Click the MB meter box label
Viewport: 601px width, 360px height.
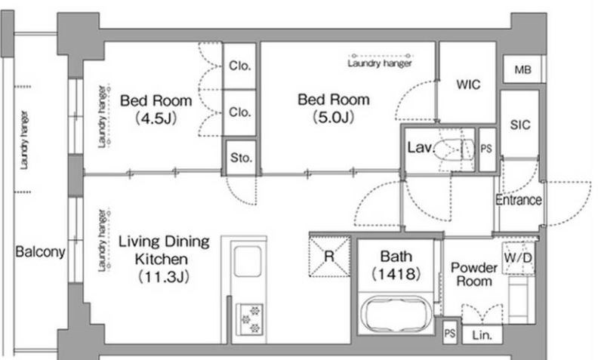(x=522, y=69)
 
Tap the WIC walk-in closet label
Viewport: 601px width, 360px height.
(x=468, y=85)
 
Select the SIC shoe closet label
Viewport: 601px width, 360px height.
(x=519, y=125)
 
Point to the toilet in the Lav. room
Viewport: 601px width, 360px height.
(x=455, y=149)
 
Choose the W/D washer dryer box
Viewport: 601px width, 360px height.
(x=518, y=258)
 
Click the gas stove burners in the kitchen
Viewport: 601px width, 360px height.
(x=250, y=318)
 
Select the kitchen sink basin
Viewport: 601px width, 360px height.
(x=248, y=262)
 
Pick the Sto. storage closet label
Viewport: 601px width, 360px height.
(x=241, y=158)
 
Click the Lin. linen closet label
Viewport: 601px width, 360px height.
(x=482, y=336)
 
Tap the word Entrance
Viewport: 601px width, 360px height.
(x=519, y=199)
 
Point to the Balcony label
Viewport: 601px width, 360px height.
(x=40, y=251)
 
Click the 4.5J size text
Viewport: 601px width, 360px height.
(x=156, y=118)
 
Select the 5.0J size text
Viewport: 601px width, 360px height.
(x=334, y=117)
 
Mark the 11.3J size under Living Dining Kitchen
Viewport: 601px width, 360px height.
(x=164, y=276)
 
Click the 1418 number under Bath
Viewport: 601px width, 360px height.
(x=396, y=274)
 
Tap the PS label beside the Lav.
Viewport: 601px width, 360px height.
(x=486, y=149)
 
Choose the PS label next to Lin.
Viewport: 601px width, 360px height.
(x=450, y=334)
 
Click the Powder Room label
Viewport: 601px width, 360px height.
(x=473, y=274)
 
